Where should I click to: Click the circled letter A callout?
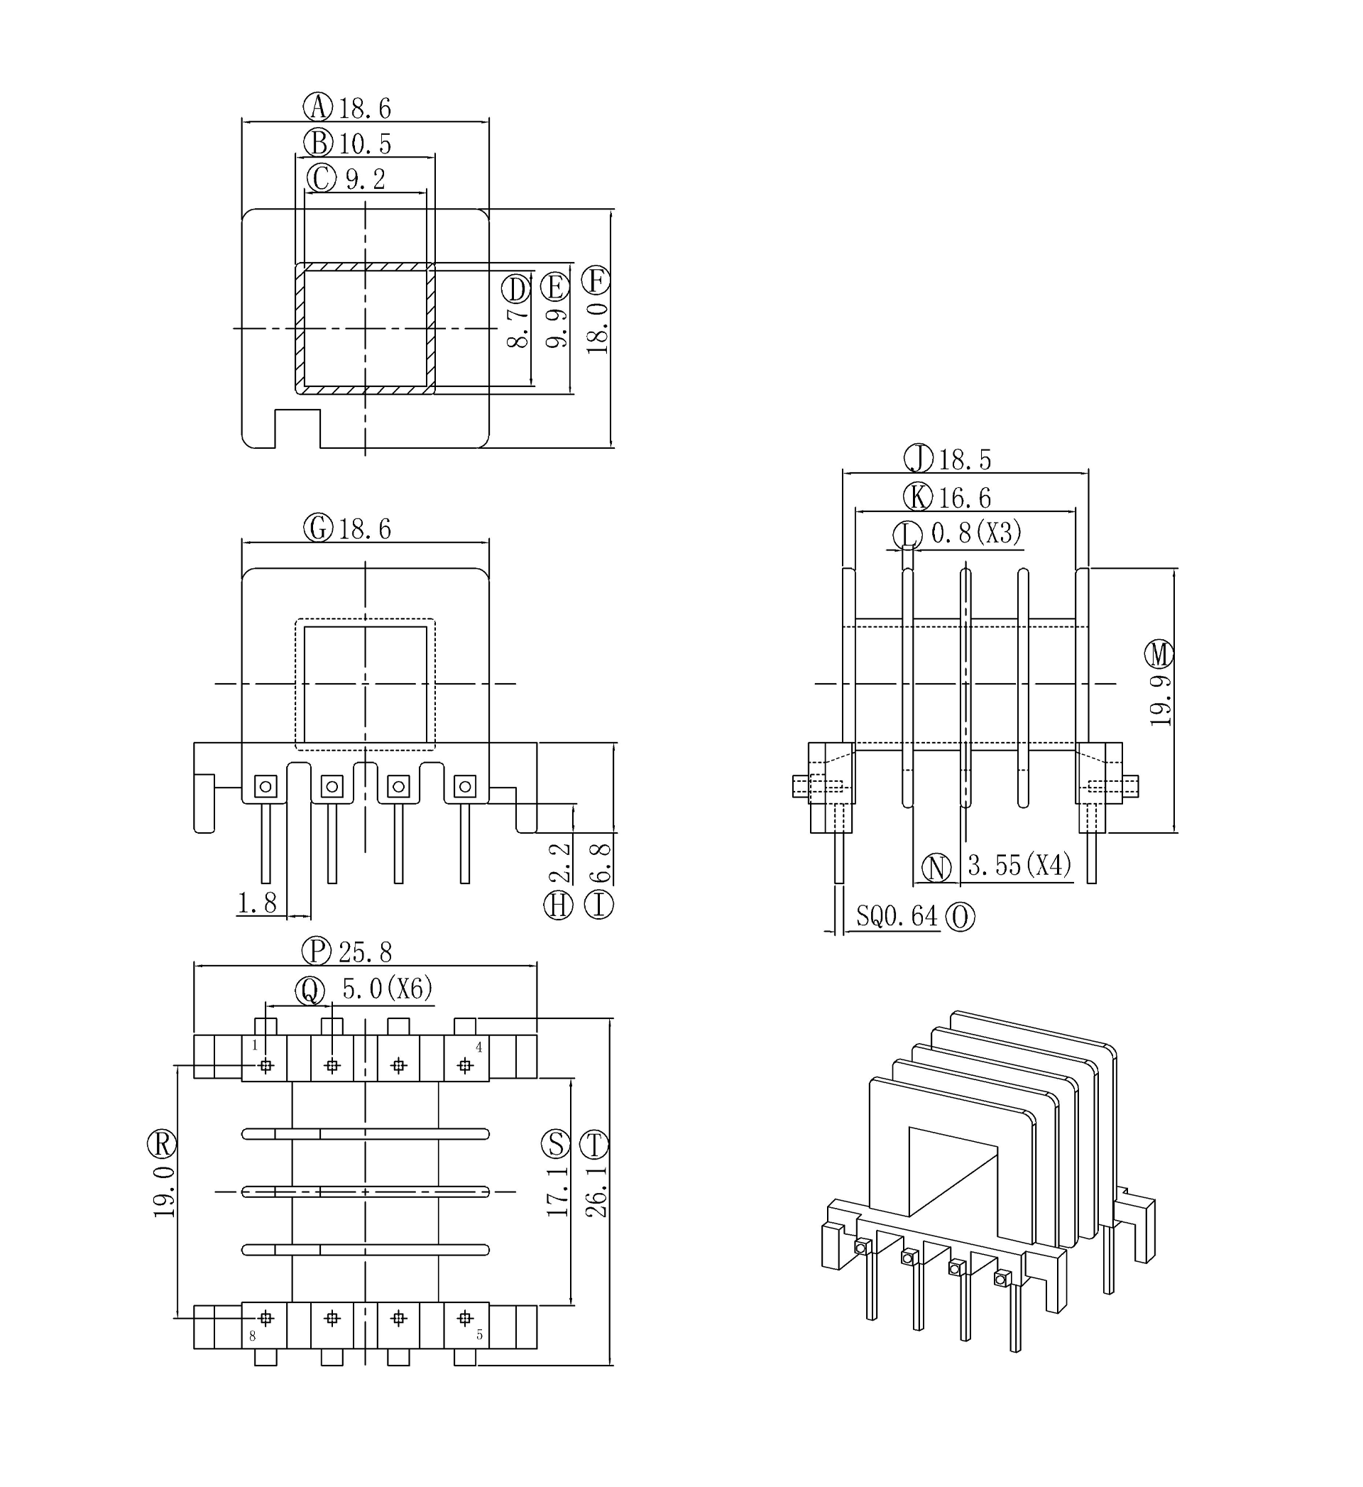318,107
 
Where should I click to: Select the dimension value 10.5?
365,143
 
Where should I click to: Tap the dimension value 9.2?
366,179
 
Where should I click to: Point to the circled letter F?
596,281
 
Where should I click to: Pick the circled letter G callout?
318,528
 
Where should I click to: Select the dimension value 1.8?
257,903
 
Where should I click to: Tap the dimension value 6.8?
601,863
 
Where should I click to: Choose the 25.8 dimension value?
365,952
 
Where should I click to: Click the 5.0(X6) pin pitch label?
387,988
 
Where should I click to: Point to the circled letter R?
162,1144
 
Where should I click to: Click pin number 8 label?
252,1336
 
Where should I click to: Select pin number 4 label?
478,1047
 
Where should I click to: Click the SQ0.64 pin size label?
896,917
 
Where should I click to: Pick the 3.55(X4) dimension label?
1019,865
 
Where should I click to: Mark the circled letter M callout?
1159,654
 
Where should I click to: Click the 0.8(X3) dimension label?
976,533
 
